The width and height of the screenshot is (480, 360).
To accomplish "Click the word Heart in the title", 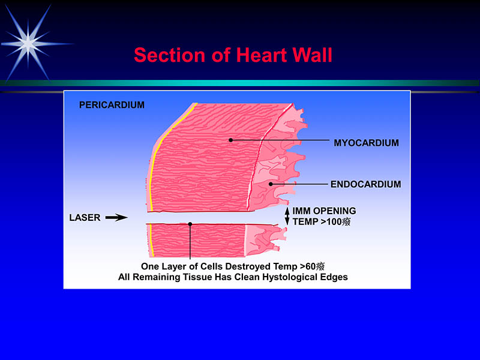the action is click(x=262, y=55).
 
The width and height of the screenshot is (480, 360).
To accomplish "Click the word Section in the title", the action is click(x=169, y=55).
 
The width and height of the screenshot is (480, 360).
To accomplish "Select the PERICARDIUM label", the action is click(x=112, y=105).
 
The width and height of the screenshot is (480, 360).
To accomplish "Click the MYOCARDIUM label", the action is click(x=366, y=143).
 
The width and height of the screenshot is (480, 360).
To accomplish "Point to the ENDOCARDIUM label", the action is click(x=366, y=184).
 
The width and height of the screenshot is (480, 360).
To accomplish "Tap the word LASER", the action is click(x=85, y=218).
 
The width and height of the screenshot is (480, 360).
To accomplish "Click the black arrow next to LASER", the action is click(x=116, y=218).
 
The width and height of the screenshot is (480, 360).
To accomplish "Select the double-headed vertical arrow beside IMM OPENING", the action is click(x=287, y=217).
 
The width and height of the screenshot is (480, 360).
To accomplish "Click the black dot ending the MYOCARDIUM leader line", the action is click(x=231, y=140).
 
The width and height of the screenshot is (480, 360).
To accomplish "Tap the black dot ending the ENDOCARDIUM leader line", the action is click(x=271, y=184).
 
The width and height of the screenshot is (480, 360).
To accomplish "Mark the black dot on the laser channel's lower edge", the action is click(x=190, y=224).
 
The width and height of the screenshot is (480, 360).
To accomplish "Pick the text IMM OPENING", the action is click(x=324, y=211).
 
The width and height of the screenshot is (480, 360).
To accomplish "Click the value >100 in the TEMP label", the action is click(x=331, y=221).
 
